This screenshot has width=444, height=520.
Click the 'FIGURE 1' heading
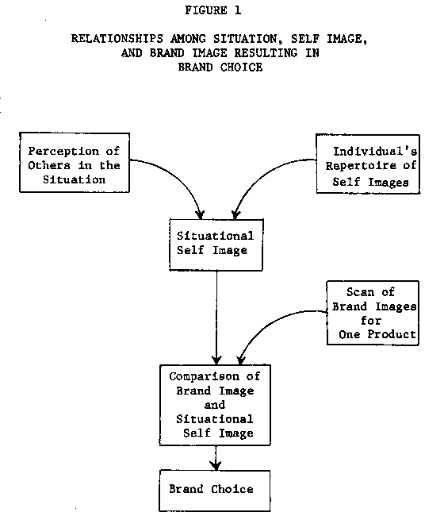pos(213,10)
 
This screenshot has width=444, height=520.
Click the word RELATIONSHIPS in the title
pos(117,39)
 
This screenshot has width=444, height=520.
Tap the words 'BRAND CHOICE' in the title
pos(220,67)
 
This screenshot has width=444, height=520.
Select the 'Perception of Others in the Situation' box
pos(75,163)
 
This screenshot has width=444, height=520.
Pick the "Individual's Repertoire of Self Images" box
pos(368,164)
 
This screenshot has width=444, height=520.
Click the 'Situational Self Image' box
pos(216,245)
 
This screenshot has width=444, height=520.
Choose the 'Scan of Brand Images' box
pos(373,313)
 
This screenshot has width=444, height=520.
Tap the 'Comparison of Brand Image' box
pos(215,405)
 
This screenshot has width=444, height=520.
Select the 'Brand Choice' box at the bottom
pos(215,491)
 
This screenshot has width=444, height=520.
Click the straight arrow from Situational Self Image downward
pos(216,318)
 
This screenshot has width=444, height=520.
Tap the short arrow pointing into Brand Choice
pos(216,457)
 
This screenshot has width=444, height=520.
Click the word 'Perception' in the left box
pos(63,151)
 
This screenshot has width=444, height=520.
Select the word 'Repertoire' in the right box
pos(361,165)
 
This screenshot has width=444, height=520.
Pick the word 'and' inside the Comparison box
pos(215,405)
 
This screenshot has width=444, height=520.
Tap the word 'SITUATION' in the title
pos(245,39)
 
